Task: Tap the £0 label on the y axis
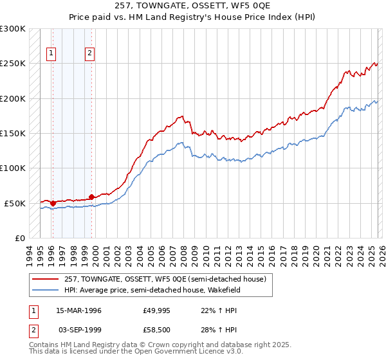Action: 19,239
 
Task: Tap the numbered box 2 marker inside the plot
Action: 90,54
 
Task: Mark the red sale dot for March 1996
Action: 53,203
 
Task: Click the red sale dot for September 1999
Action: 91,197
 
